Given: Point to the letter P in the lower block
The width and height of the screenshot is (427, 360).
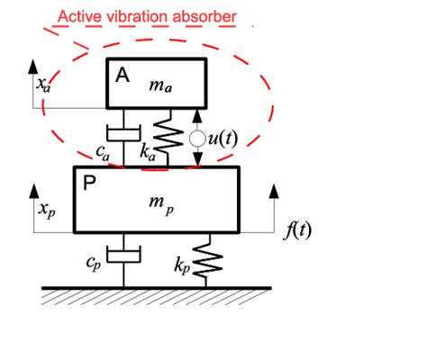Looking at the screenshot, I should (x=89, y=184).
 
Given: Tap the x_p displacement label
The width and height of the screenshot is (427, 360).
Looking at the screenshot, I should (x=45, y=210).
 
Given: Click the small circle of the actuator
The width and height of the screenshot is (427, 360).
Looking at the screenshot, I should (x=198, y=139).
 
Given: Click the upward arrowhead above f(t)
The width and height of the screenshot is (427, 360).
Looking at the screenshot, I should (x=272, y=190).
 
